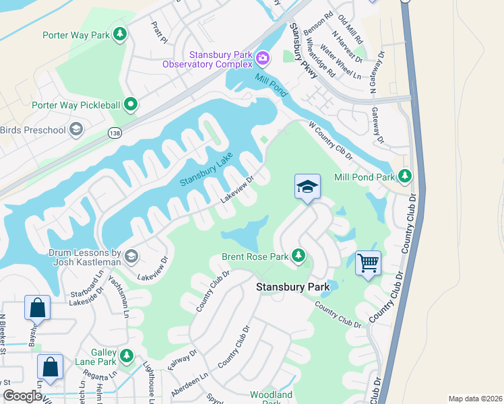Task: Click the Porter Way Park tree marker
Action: [x=120, y=34]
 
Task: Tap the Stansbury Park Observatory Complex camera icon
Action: [x=262, y=59]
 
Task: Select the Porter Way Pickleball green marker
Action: [x=131, y=104]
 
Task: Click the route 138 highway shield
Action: [x=113, y=133]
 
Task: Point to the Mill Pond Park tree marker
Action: [x=404, y=176]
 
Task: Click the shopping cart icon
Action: [x=368, y=263]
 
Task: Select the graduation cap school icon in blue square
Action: [x=307, y=187]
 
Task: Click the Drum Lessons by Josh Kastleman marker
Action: [x=131, y=256]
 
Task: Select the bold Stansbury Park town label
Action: [x=292, y=287]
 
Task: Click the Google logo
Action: [x=22, y=396]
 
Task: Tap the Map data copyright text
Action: [x=474, y=399]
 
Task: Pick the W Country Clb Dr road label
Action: [x=331, y=140]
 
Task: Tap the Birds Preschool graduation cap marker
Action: [x=76, y=129]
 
